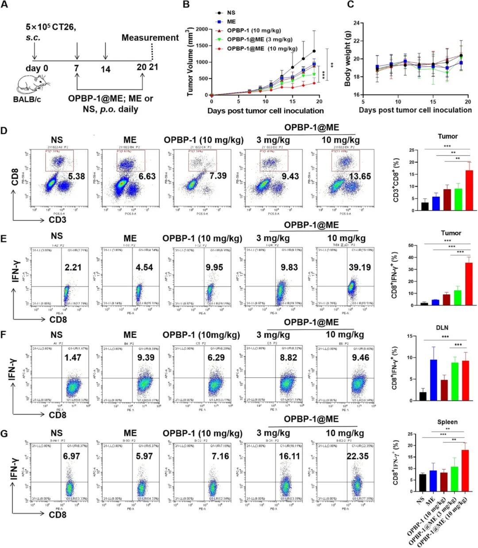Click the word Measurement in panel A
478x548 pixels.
coord(150,38)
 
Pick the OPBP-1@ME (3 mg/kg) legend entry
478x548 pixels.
coord(257,39)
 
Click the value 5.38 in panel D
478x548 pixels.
coord(77,176)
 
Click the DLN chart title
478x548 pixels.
coord(442,328)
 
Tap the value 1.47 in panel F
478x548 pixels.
coord(73,357)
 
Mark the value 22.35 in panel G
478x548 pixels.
coord(358,456)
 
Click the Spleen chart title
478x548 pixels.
coord(447,422)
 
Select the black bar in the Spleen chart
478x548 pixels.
coord(423,483)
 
